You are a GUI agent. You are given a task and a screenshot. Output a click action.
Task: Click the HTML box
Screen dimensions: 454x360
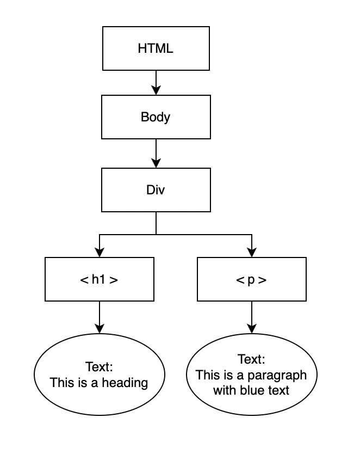(x=156, y=48)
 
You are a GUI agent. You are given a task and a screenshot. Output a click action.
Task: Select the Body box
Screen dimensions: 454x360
(x=156, y=117)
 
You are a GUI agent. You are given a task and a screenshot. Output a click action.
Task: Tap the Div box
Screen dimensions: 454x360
(x=156, y=190)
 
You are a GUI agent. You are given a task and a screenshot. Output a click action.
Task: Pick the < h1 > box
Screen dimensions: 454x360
(x=99, y=280)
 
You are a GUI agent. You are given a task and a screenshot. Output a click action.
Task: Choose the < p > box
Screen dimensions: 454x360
(x=251, y=280)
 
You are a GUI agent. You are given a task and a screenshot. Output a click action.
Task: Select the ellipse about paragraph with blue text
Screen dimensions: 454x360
(x=251, y=375)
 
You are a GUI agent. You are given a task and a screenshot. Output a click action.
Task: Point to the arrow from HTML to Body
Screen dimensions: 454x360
(x=156, y=82)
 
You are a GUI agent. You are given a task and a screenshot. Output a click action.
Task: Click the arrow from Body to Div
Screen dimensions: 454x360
(x=156, y=155)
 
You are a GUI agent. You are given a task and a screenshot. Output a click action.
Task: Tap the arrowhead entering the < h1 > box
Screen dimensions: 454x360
(x=99, y=253)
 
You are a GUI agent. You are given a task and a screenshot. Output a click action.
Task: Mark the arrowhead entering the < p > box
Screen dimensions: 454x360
(x=251, y=253)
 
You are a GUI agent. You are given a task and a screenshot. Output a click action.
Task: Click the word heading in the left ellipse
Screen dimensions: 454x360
(x=127, y=383)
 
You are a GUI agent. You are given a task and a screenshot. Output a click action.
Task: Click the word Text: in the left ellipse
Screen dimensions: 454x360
(x=99, y=366)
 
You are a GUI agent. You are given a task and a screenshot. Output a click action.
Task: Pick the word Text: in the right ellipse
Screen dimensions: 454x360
(x=251, y=359)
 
